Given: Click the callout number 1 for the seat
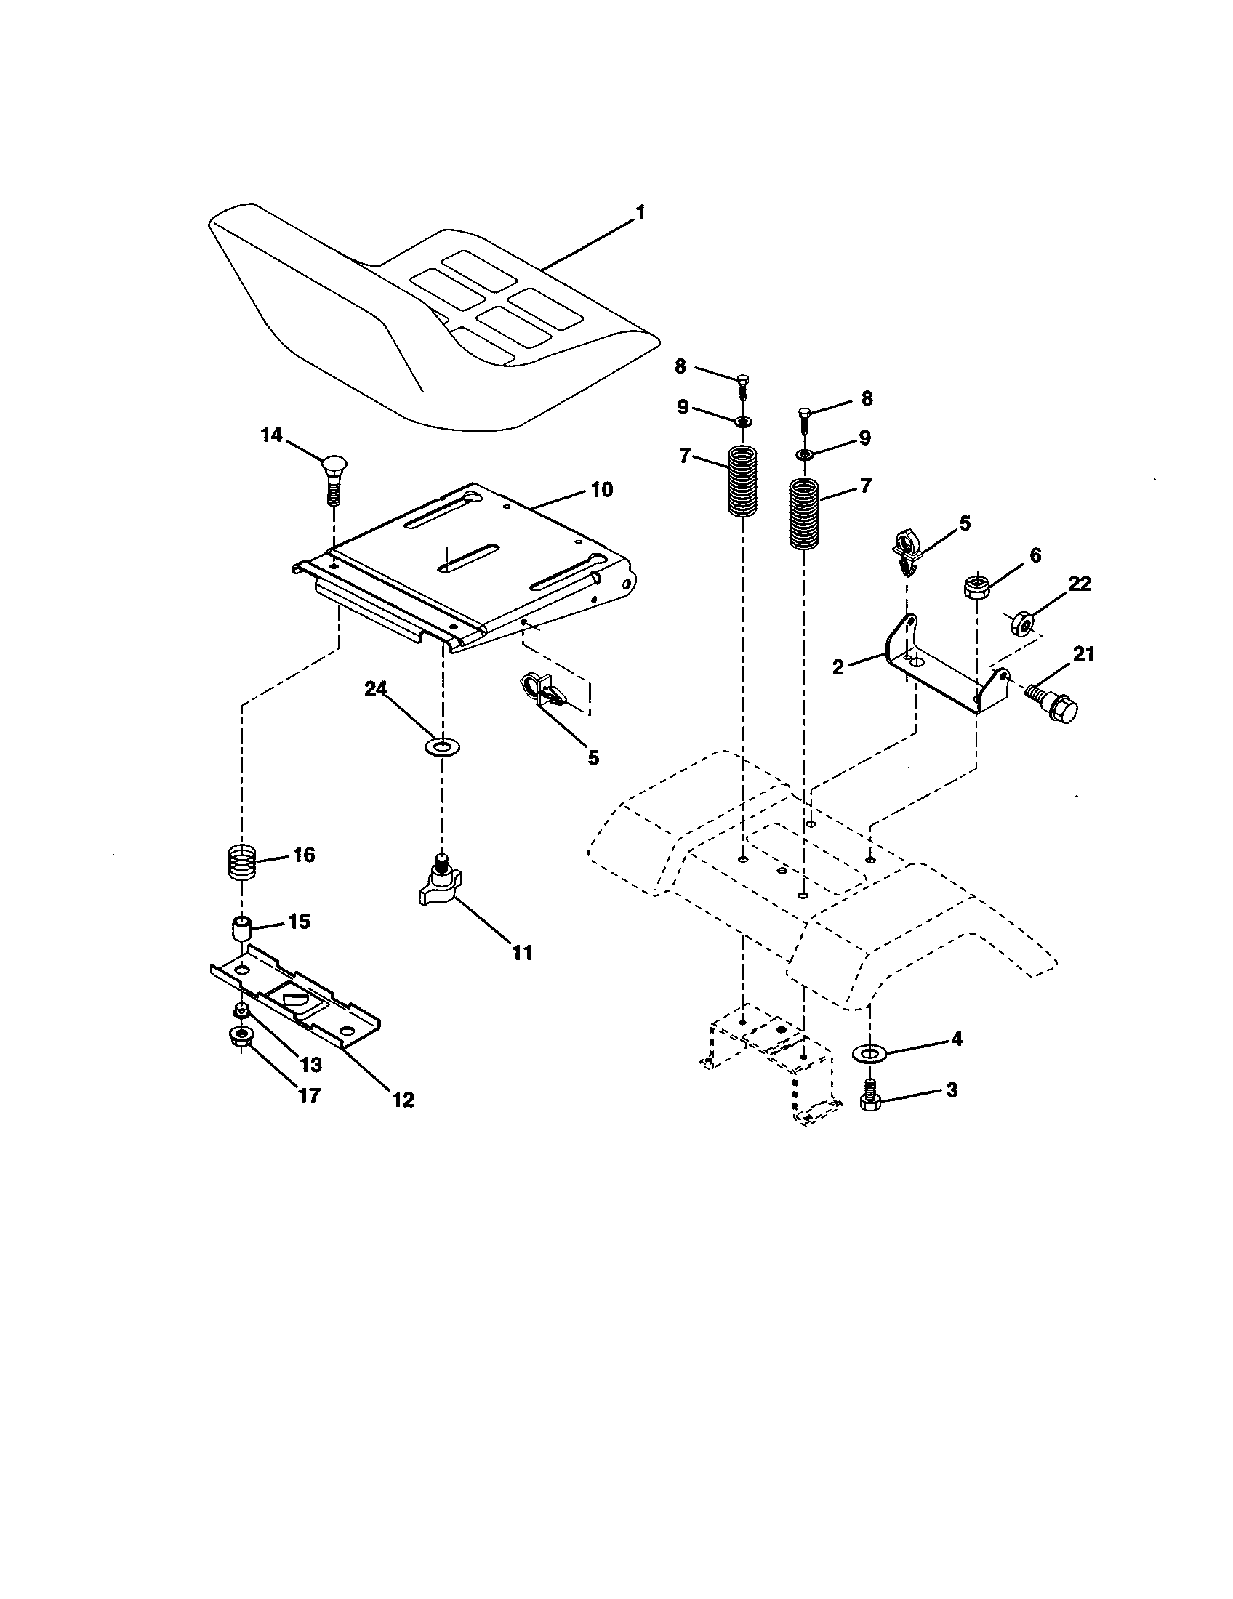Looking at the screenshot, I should (x=640, y=213).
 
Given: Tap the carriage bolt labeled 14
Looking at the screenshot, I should (x=334, y=478).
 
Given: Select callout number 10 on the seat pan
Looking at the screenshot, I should (x=601, y=490).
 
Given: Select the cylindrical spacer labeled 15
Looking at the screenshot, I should (x=241, y=930).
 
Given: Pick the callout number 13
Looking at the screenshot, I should (x=311, y=1066).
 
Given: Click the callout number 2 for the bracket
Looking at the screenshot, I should (x=838, y=666).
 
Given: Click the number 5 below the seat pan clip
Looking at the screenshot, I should (x=593, y=758).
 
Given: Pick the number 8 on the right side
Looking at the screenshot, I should (x=867, y=399).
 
